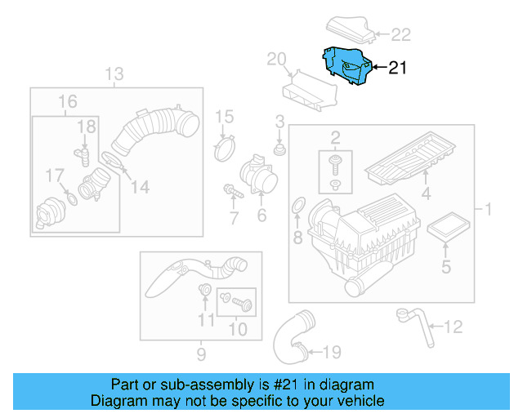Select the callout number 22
pos(400,34)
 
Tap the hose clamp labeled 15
pos(224,149)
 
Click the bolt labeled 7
pos(230,191)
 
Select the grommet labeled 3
pos(279,151)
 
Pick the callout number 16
pos(67,102)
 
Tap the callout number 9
pos(200,354)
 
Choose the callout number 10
pos(237,330)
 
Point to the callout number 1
pos(488,211)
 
